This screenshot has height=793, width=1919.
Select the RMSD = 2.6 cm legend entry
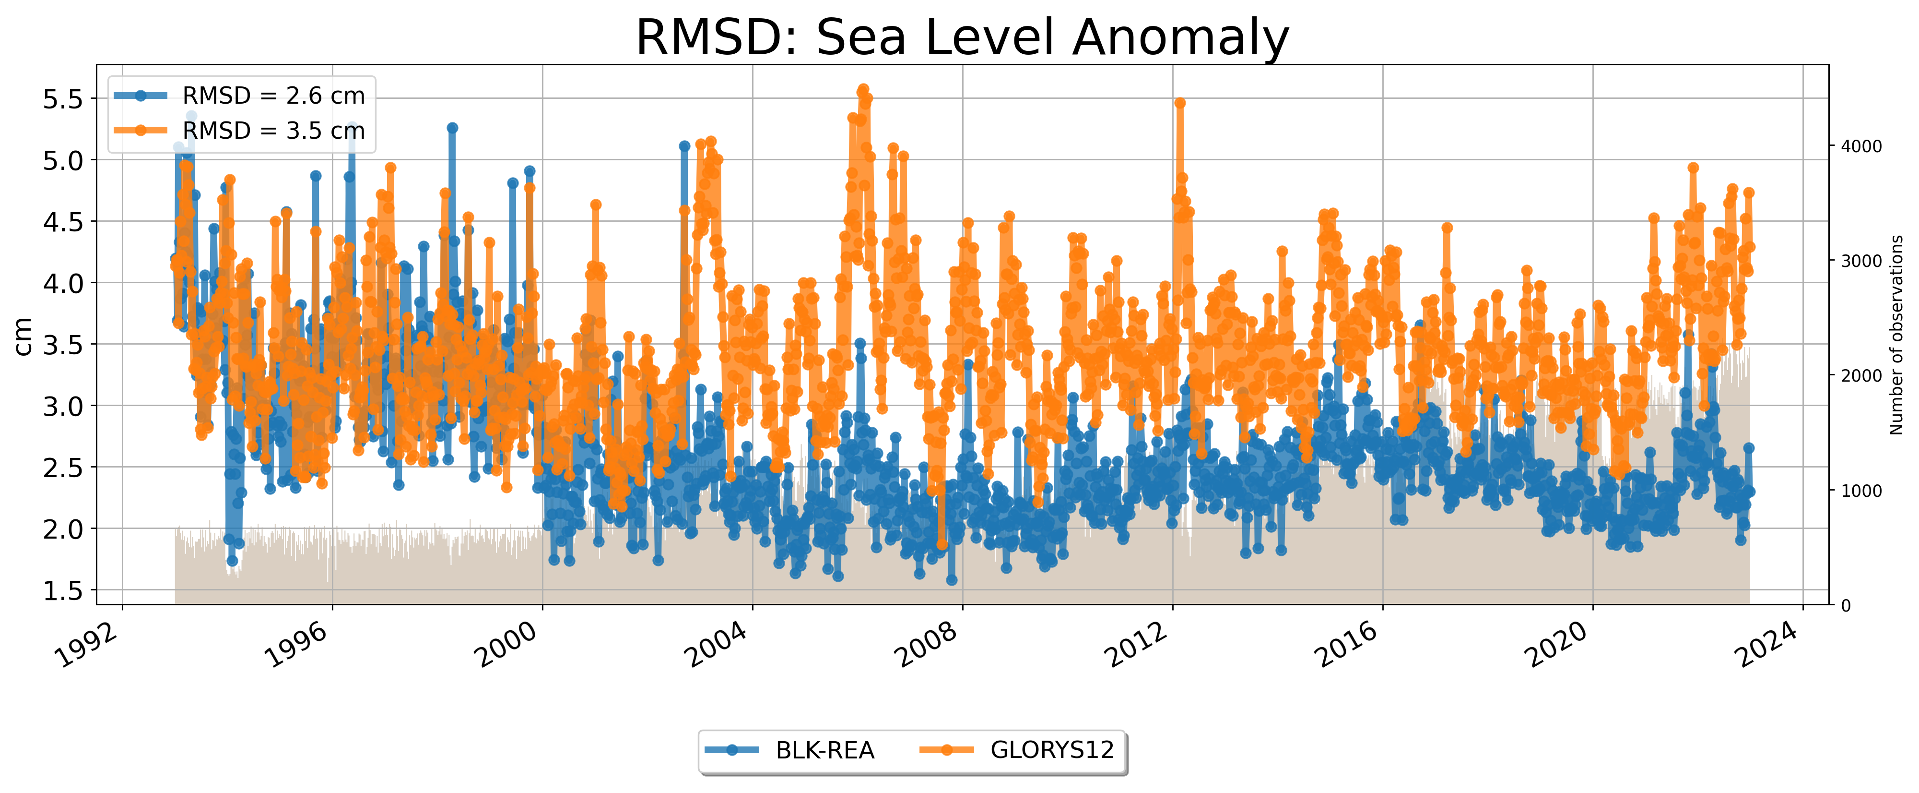point(273,96)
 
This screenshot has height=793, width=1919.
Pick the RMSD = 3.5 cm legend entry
point(273,131)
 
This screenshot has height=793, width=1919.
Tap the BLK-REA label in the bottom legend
point(824,751)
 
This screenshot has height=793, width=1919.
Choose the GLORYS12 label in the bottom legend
point(1052,751)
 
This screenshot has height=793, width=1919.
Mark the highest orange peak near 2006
point(863,89)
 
